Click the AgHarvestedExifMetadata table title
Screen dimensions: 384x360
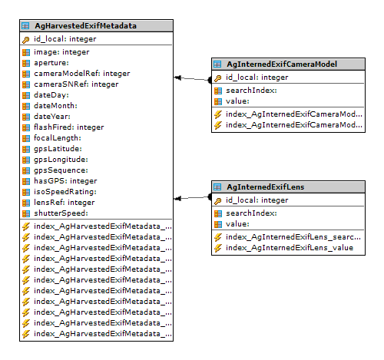[x=85, y=26]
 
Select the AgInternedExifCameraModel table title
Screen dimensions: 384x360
[x=282, y=64]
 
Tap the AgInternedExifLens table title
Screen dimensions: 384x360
[x=266, y=187]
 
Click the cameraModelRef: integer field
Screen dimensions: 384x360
[x=82, y=74]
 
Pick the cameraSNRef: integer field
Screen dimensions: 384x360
[x=76, y=84]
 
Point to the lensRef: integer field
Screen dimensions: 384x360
[x=65, y=203]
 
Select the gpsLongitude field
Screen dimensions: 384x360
[x=61, y=160]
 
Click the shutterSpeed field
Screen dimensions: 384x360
[x=61, y=213]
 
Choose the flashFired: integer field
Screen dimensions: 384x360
[x=69, y=127]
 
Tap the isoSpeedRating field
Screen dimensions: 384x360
[x=65, y=192]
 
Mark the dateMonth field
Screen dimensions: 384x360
[x=55, y=106]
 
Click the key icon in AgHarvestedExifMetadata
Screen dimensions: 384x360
[x=26, y=40]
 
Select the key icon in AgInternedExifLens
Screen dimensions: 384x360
[x=218, y=201]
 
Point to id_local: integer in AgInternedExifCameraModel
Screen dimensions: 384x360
[x=257, y=78]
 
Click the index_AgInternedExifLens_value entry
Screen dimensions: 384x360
[x=290, y=248]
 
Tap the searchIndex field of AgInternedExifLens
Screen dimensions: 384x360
[x=251, y=213]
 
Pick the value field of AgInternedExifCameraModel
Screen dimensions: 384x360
[x=237, y=101]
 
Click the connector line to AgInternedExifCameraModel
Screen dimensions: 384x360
[x=192, y=79]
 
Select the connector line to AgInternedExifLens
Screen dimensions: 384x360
[x=192, y=197]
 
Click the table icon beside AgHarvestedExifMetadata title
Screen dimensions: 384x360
[x=25, y=26]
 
